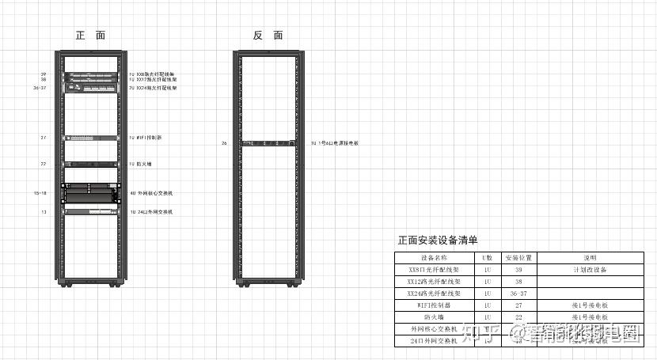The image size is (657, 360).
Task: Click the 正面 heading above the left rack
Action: coord(90,36)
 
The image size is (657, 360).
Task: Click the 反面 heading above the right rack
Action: coord(268,36)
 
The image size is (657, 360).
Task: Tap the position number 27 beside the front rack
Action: coord(44,138)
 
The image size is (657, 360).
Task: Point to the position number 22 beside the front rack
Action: coord(44,164)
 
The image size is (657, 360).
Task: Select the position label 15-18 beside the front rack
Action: coord(40,192)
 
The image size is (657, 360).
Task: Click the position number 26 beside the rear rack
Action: coord(224,143)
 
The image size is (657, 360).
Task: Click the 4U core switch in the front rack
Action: coord(90,192)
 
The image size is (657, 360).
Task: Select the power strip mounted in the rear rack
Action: coord(268,143)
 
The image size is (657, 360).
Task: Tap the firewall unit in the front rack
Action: coord(90,164)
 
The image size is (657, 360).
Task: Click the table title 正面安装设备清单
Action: coord(437,240)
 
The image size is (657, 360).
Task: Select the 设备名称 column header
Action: coord(434,258)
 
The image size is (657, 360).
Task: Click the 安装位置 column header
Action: coord(518,258)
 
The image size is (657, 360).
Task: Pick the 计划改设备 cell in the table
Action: coord(589,270)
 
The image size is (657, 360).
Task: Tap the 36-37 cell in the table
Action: coord(518,293)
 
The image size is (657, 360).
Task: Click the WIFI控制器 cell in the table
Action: coord(434,305)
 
